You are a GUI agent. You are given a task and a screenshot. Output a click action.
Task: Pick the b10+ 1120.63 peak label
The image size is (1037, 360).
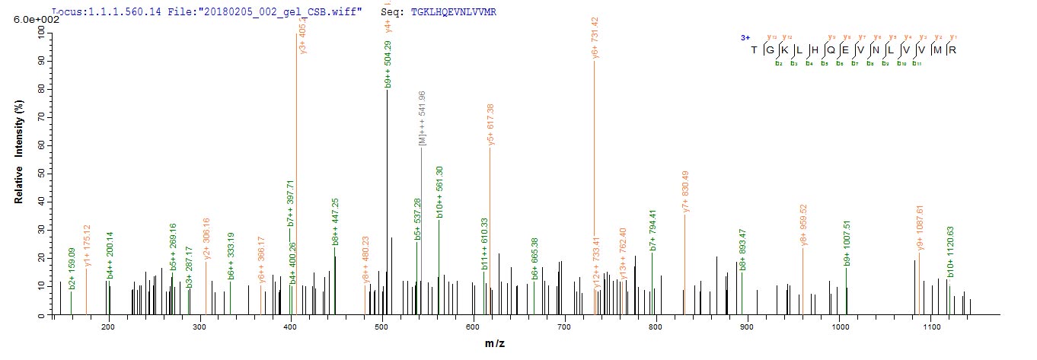pos(949,252)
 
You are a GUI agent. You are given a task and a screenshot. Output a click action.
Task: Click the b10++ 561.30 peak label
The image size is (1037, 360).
pos(439,193)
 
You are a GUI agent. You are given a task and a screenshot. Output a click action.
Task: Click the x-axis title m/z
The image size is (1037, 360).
pos(495,344)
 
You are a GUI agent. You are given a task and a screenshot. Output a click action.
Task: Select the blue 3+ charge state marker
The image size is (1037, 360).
pos(745,37)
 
